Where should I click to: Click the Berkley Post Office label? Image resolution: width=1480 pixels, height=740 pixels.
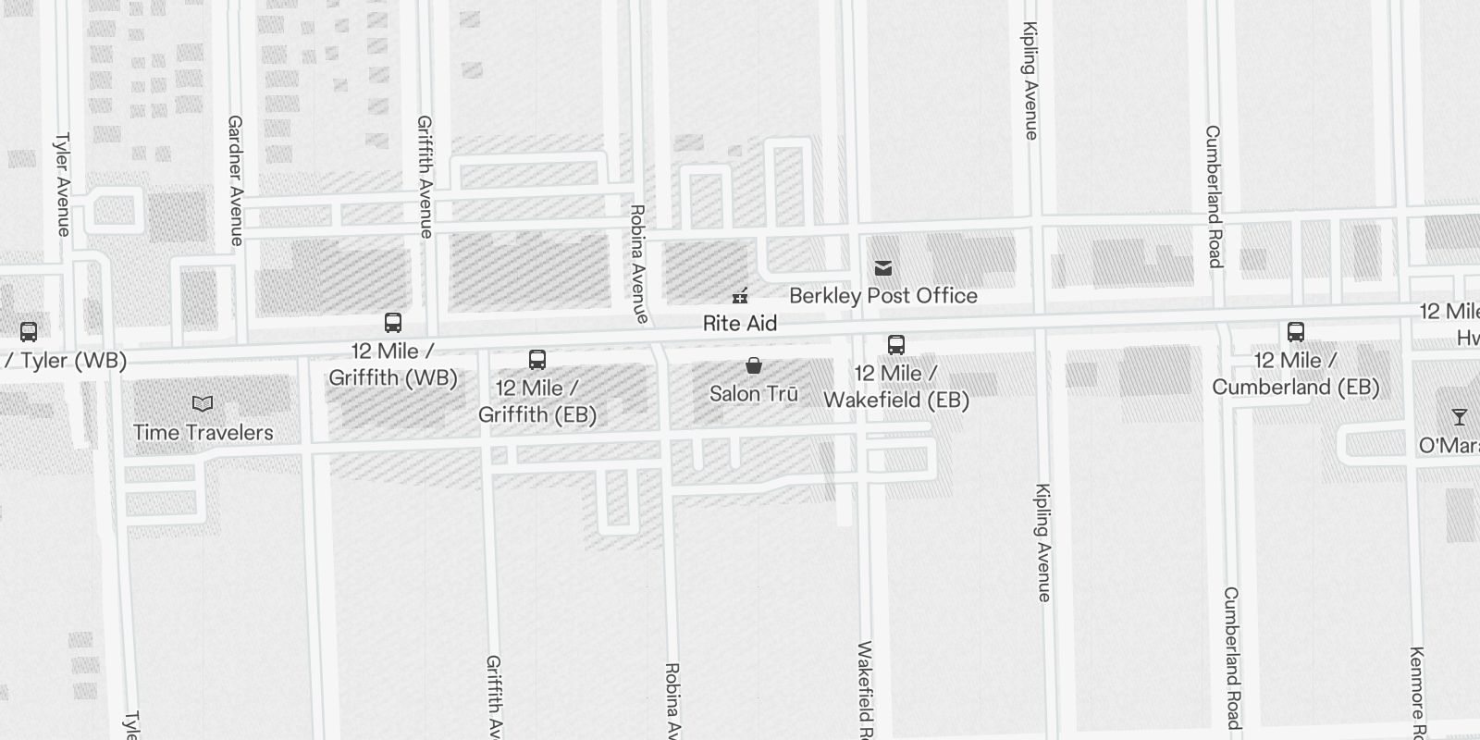pyautogui.click(x=882, y=296)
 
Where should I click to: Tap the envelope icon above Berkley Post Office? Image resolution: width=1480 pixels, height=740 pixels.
pyautogui.click(x=883, y=268)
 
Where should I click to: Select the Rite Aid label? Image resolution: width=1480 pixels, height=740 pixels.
pyautogui.click(x=739, y=324)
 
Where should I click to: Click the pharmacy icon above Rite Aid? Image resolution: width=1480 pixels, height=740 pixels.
pyautogui.click(x=740, y=296)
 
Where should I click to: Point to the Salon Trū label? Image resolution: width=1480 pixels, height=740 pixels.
pyautogui.click(x=753, y=394)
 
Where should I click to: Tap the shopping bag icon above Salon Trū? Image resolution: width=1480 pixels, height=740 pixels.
pyautogui.click(x=754, y=366)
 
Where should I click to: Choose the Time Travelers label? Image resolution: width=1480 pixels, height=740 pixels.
pyautogui.click(x=203, y=433)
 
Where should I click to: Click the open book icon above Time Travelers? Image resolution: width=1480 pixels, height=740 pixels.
pyautogui.click(x=203, y=404)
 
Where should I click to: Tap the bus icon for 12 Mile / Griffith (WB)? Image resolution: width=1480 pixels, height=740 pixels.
pyautogui.click(x=393, y=323)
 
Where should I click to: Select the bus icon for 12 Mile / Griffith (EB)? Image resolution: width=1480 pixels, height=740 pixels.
pyautogui.click(x=537, y=360)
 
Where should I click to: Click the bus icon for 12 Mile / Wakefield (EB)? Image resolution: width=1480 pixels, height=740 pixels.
pyautogui.click(x=896, y=345)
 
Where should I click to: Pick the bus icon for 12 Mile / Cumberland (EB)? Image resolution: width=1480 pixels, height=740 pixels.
pyautogui.click(x=1296, y=332)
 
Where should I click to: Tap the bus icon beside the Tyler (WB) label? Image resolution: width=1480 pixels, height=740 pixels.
pyautogui.click(x=29, y=331)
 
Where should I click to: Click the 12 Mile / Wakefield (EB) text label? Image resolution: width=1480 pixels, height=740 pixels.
pyautogui.click(x=896, y=387)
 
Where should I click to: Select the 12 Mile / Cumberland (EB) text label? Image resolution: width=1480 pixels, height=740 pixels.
pyautogui.click(x=1295, y=374)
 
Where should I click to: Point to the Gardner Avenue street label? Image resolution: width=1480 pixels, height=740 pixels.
pyautogui.click(x=235, y=180)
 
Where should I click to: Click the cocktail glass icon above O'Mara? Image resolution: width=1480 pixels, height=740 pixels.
pyautogui.click(x=1459, y=417)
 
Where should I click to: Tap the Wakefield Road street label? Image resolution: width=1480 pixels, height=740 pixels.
pyautogui.click(x=866, y=689)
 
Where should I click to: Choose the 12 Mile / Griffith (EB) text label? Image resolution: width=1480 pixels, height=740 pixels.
pyautogui.click(x=537, y=401)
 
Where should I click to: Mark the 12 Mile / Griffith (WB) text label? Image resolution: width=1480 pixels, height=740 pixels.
pyautogui.click(x=393, y=364)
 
